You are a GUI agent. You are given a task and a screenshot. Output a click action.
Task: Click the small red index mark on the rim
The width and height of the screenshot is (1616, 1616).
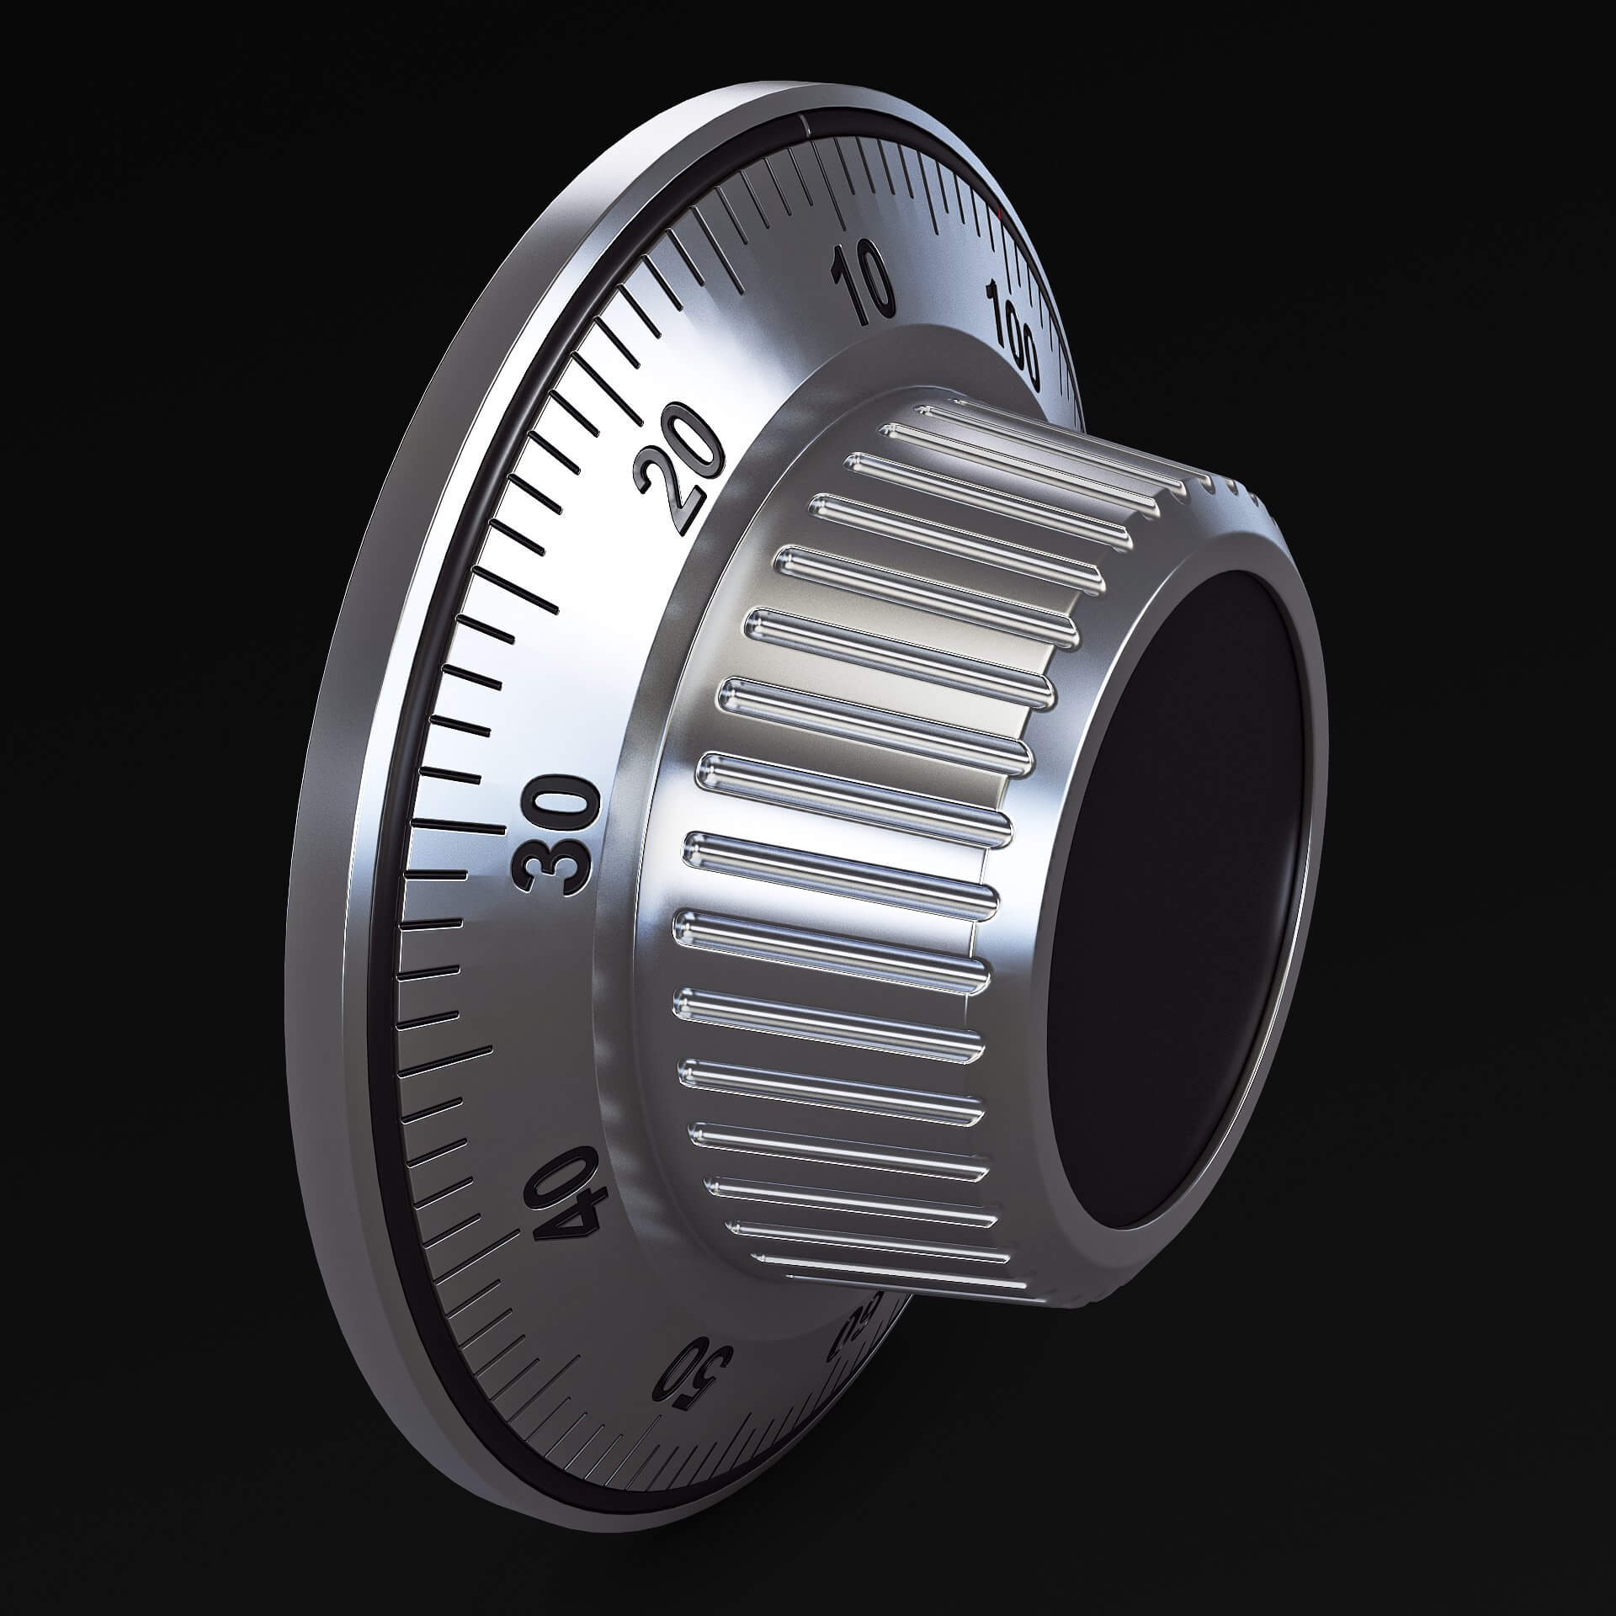tap(1000, 215)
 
